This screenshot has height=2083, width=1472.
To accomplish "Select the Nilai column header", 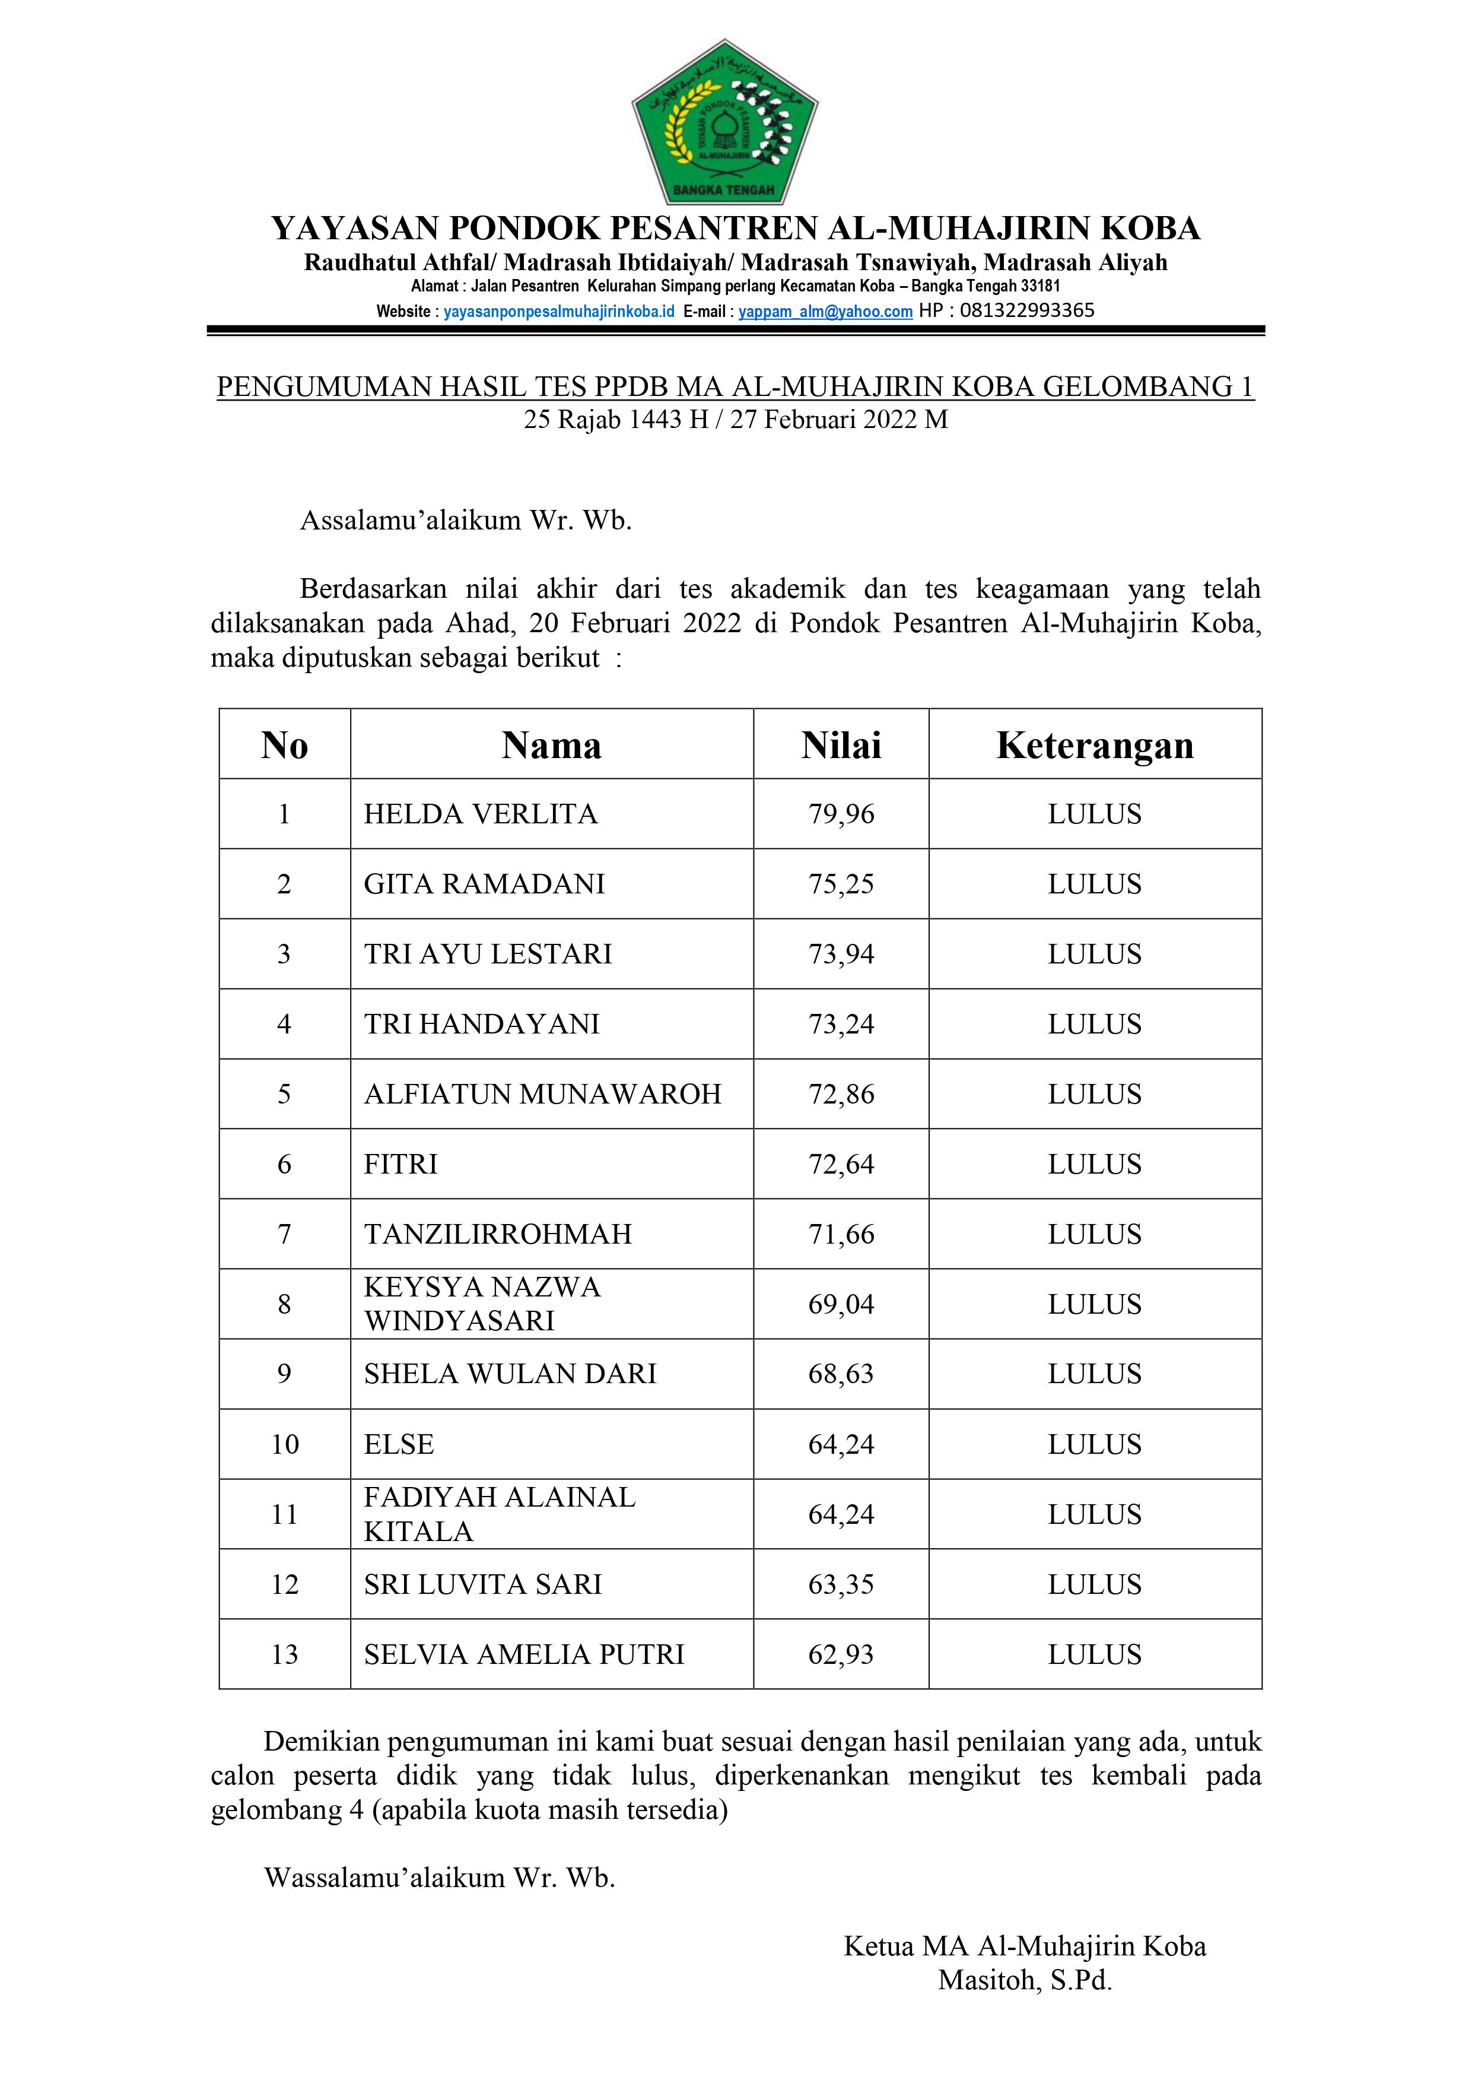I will (841, 745).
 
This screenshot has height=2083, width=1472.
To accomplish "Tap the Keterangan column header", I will (1095, 745).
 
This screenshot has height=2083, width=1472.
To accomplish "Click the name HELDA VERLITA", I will (481, 814).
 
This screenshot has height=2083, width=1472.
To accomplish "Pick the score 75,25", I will (841, 884).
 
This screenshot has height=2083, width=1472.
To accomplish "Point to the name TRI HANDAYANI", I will (482, 1023).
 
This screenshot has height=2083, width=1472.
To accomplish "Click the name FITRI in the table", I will (401, 1164).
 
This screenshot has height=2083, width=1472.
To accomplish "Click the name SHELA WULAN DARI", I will (510, 1374).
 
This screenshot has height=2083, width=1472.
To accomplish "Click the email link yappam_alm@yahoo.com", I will (825, 311).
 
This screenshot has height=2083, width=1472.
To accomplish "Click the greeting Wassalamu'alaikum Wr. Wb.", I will (440, 1877).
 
